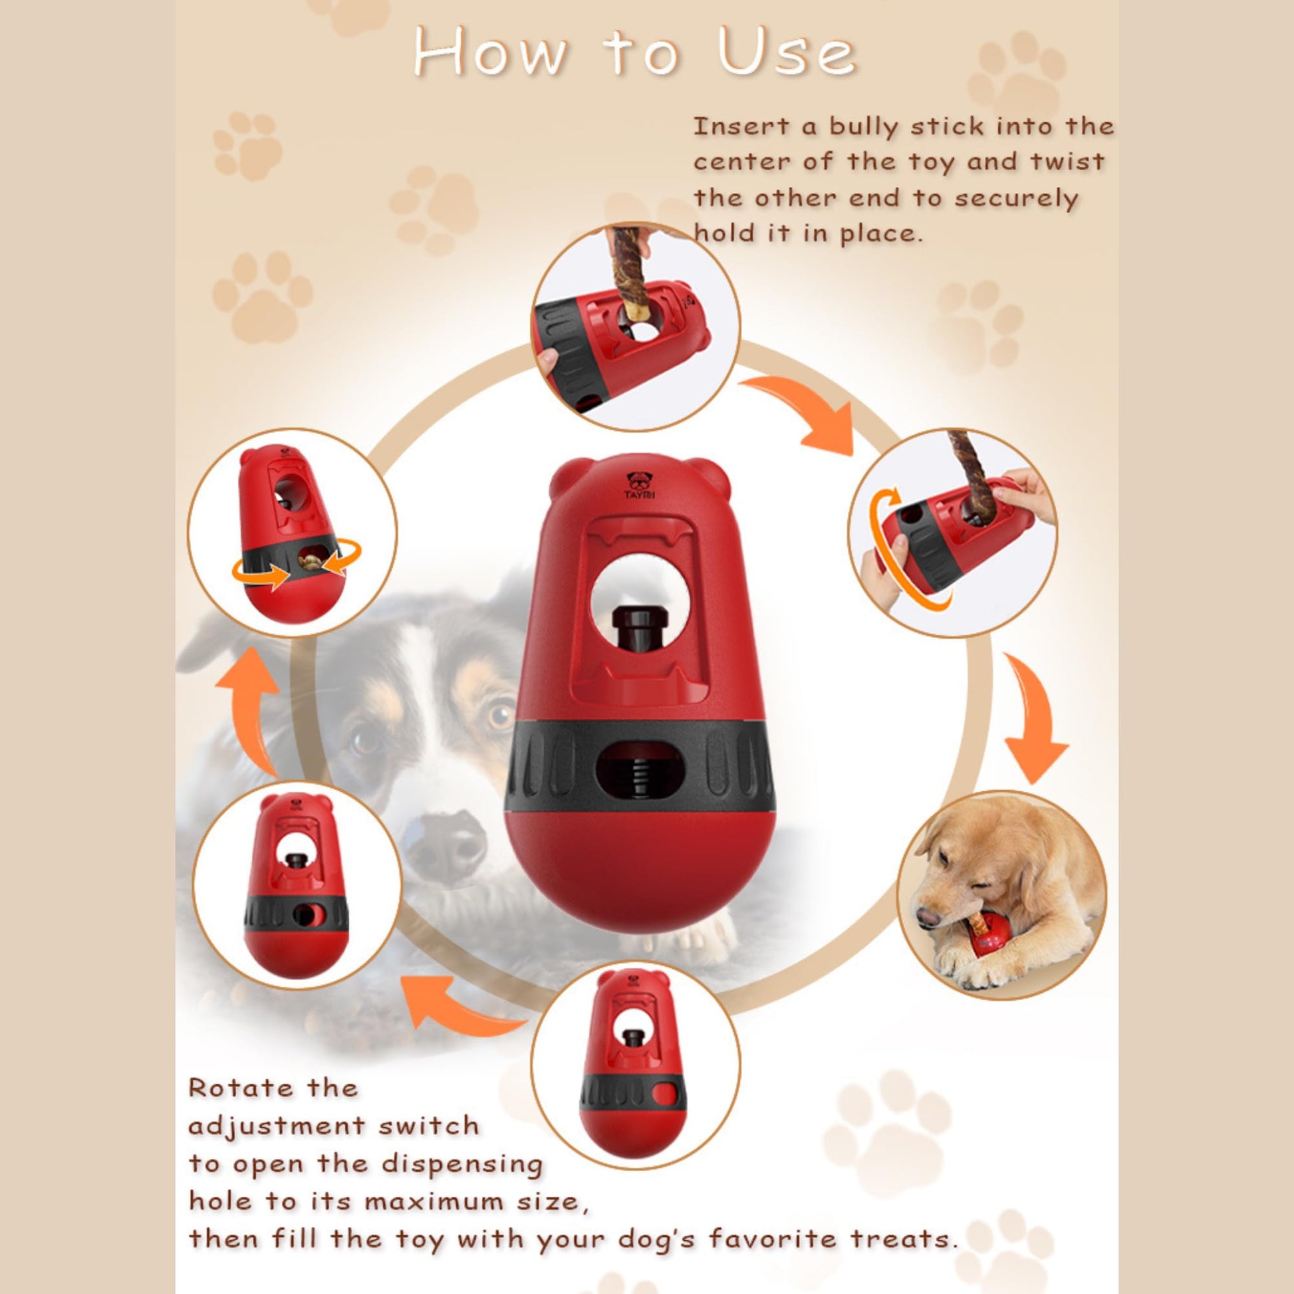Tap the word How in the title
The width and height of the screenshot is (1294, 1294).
(490, 53)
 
